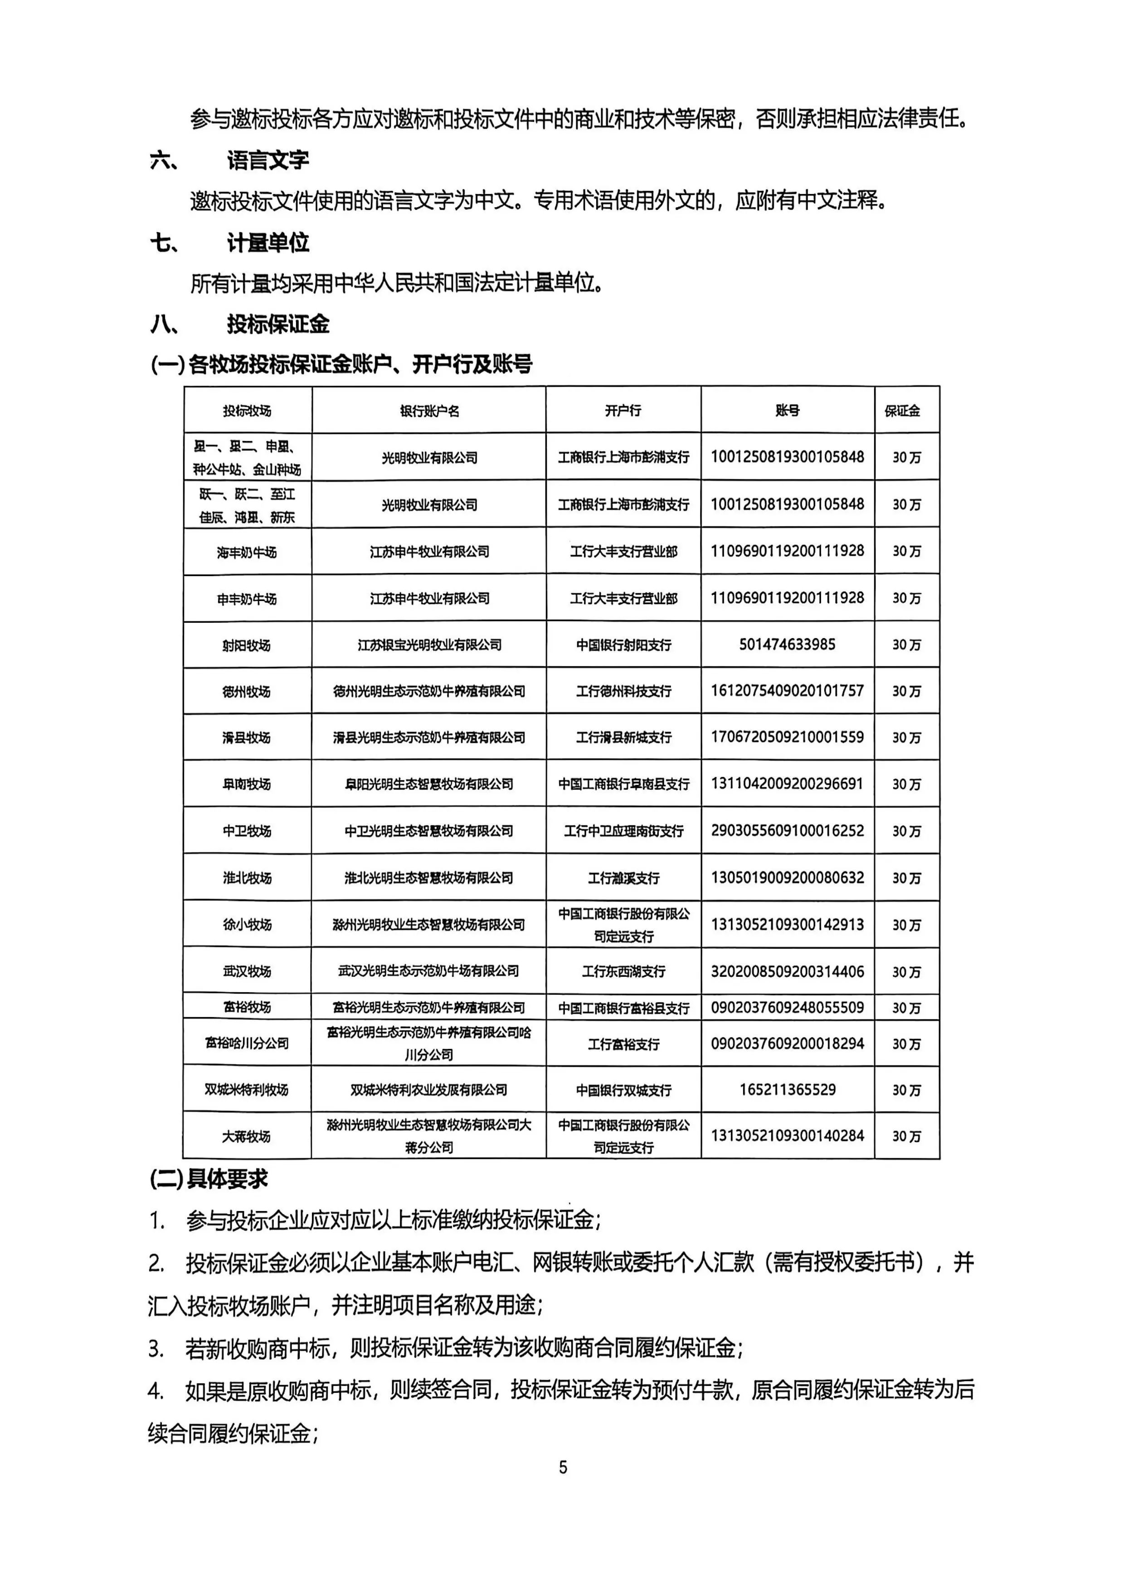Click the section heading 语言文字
coord(268,160)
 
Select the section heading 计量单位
coord(268,242)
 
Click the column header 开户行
coord(623,411)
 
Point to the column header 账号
coord(788,411)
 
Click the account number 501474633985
coord(788,645)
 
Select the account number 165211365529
coord(788,1089)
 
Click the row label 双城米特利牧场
coord(247,1089)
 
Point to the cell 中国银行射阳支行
coord(623,645)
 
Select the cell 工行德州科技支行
coord(623,691)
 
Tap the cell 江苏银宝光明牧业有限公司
coord(429,645)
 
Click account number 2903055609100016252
coord(788,830)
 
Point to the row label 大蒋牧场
coord(247,1136)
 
